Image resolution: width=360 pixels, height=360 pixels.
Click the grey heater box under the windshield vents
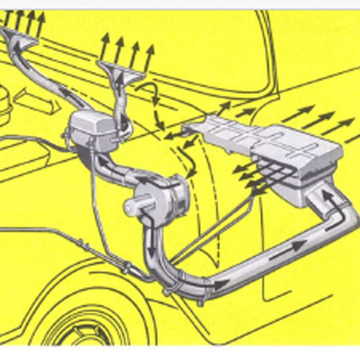89,132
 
